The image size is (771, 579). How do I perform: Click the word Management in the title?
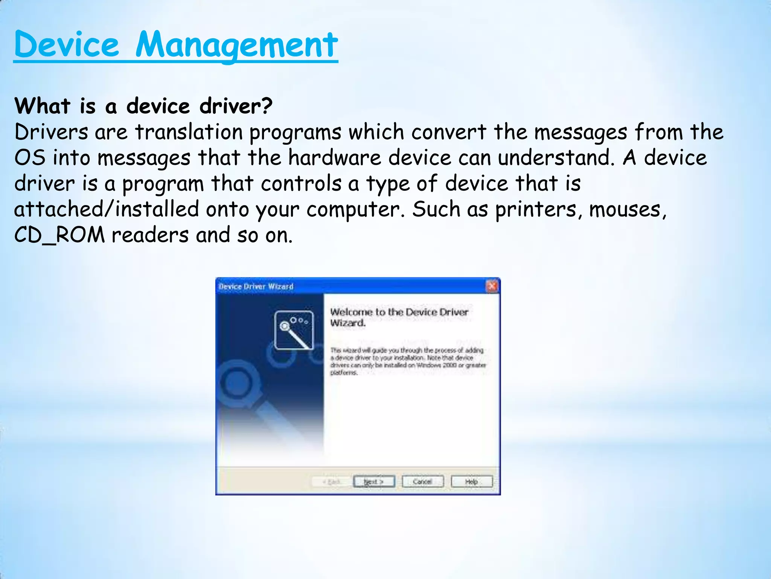(236, 45)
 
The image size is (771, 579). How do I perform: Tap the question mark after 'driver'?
(266, 106)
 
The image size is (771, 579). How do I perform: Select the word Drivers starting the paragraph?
(51, 132)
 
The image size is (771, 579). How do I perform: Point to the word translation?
(189, 132)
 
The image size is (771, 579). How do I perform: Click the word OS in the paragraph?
(29, 158)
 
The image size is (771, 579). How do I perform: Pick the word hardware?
(335, 158)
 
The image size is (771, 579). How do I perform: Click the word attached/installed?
(107, 209)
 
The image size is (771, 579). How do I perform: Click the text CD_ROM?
(59, 235)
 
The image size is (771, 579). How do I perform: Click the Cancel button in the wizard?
(422, 481)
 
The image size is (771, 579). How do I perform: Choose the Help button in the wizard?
(471, 481)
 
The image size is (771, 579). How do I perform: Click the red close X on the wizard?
(492, 286)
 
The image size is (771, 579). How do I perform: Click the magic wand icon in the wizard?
(294, 330)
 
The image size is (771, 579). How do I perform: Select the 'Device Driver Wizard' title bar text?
(256, 286)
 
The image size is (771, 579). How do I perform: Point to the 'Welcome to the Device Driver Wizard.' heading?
(399, 317)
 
